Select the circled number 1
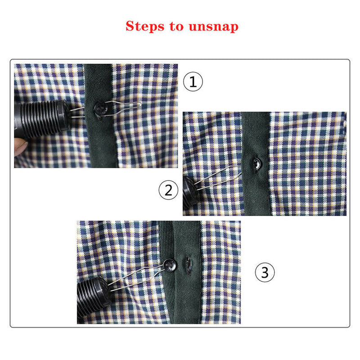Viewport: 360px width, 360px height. [x=193, y=82]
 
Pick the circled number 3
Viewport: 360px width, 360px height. [x=265, y=272]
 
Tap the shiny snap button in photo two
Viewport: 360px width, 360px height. [x=255, y=163]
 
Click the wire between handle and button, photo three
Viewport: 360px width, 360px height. [x=135, y=276]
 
